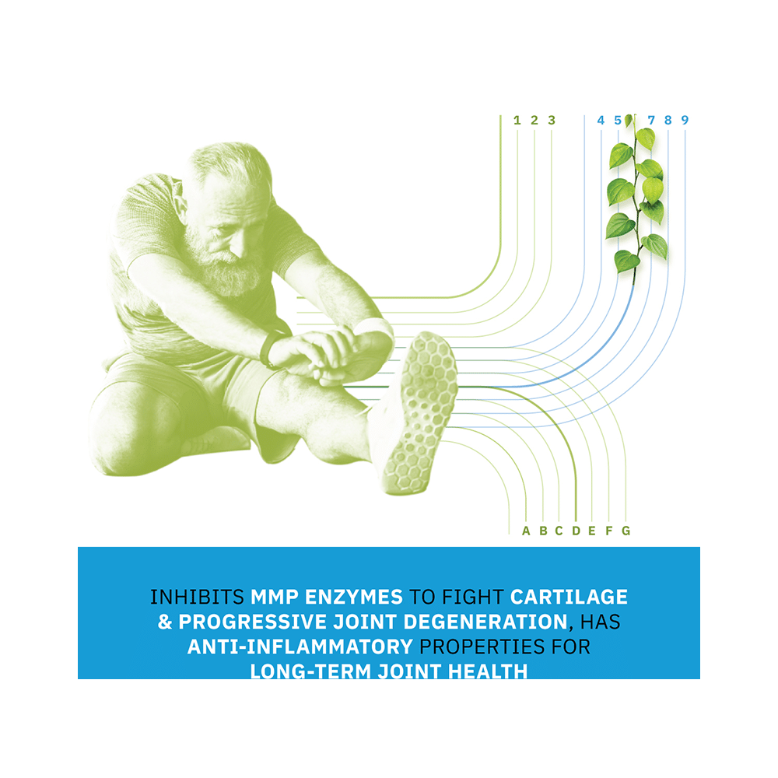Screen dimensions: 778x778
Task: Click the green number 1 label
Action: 517,120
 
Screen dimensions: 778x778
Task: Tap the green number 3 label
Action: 552,120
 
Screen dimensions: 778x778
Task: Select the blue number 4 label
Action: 601,120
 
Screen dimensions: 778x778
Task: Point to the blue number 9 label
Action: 685,120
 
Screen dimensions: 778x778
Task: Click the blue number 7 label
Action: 651,120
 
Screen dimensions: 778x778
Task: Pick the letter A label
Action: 526,531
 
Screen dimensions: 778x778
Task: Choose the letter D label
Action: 576,531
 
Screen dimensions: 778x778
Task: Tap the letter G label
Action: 626,531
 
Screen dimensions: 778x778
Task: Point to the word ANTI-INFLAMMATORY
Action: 300,647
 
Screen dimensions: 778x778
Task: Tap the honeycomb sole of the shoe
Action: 420,412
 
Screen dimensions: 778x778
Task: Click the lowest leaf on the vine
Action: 626,260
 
